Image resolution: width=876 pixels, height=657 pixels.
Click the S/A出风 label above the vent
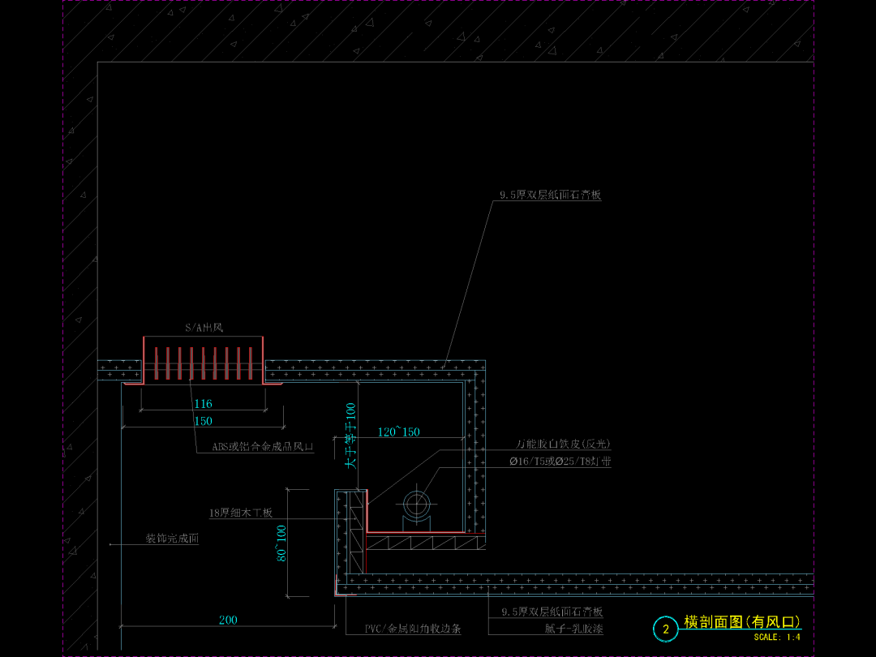click(203, 328)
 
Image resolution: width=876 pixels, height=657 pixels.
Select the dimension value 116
click(203, 404)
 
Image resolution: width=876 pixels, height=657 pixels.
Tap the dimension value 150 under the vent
click(203, 421)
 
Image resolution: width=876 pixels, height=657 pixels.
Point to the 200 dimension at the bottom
click(228, 620)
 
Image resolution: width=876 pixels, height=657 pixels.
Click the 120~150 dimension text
click(399, 432)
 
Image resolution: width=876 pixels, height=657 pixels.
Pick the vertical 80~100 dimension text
click(281, 543)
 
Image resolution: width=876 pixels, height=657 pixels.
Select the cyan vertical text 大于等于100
click(350, 436)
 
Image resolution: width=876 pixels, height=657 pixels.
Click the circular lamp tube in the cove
click(419, 502)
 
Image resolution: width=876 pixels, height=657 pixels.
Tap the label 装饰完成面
click(172, 539)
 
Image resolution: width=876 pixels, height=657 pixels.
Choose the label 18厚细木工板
click(241, 513)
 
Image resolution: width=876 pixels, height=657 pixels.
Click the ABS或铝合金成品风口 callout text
click(263, 447)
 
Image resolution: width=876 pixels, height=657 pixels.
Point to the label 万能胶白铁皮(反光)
click(563, 444)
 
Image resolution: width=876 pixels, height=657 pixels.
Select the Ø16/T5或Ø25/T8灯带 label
click(560, 462)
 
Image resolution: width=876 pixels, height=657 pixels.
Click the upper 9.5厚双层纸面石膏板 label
click(550, 195)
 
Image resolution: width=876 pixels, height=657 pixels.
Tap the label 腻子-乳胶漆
click(573, 629)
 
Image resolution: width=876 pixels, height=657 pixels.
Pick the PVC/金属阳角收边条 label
click(413, 629)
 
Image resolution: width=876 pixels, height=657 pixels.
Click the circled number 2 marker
click(666, 629)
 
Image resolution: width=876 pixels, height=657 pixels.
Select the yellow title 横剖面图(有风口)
click(742, 622)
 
